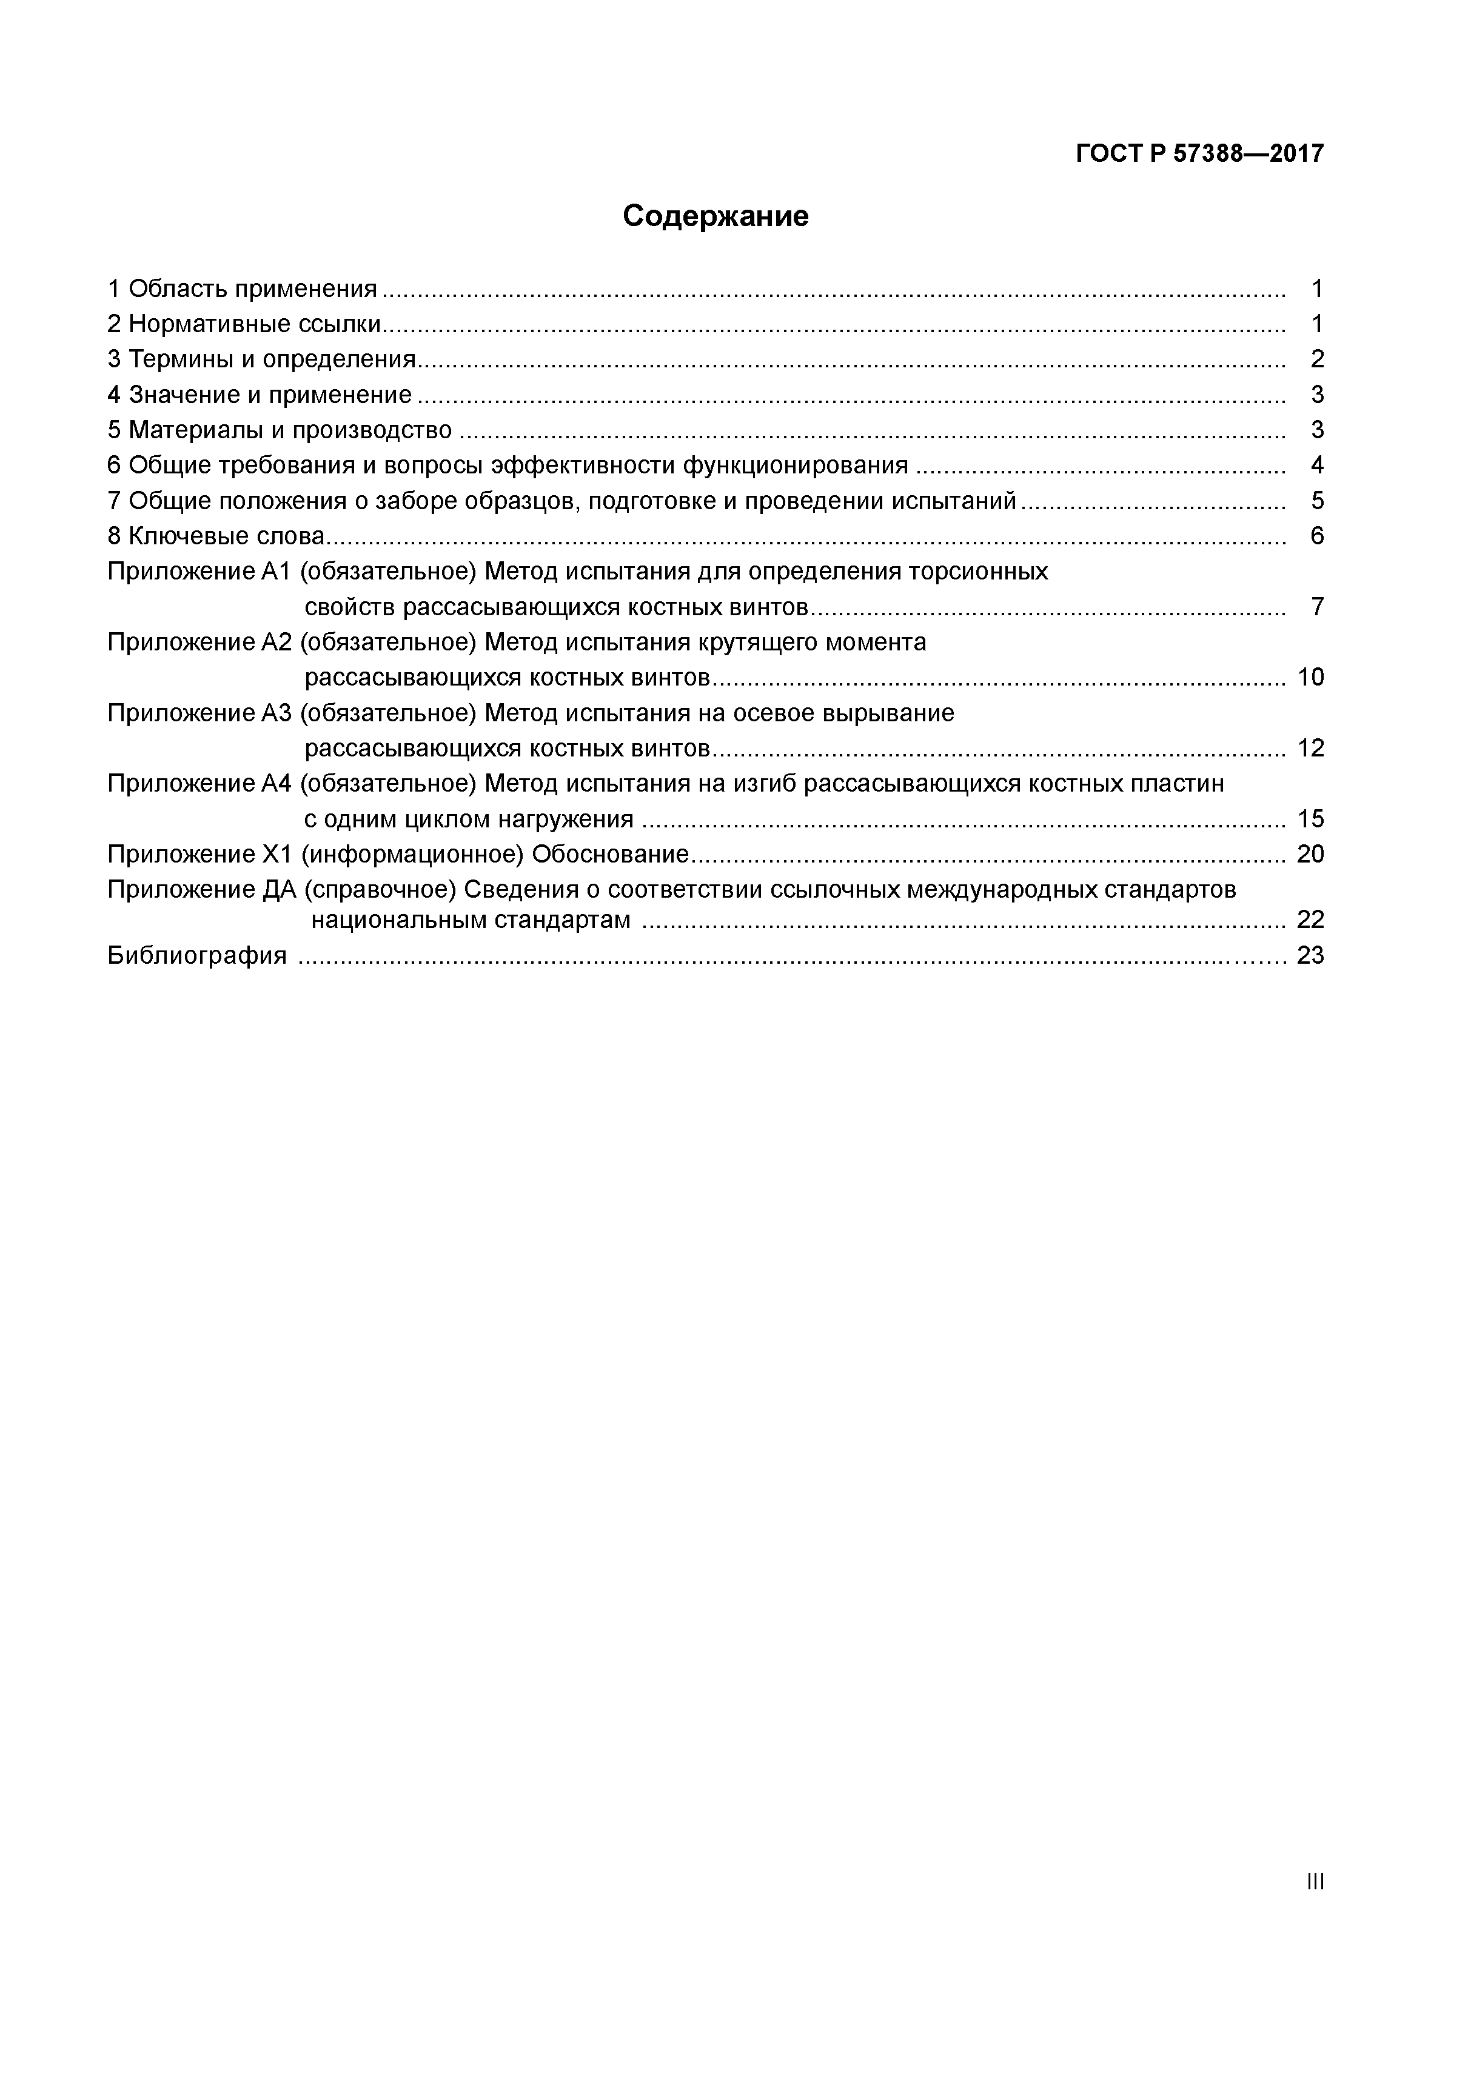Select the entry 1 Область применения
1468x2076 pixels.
241,289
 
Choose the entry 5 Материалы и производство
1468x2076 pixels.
278,430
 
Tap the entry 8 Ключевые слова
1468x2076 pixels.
215,536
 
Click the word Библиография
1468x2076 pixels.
196,955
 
